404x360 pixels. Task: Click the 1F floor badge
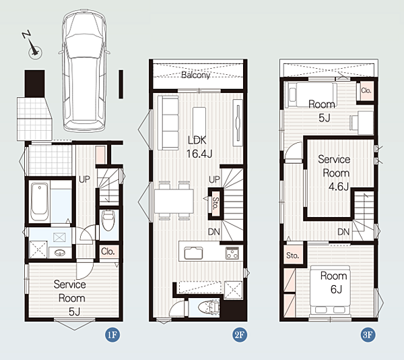[x=112, y=335]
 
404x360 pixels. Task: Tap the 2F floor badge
[x=240, y=335]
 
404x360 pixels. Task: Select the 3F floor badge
[x=368, y=335]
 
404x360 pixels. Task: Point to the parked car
[x=84, y=70]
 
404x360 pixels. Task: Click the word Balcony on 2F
[x=196, y=75]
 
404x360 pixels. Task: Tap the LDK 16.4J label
[x=199, y=147]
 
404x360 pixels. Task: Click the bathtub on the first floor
[x=40, y=202]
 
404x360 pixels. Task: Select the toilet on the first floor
[x=108, y=220]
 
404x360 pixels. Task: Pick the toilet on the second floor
[x=209, y=307]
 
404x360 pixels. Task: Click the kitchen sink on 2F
[x=193, y=253]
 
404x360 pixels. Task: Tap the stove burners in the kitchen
[x=232, y=253]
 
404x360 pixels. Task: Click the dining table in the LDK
[x=174, y=201]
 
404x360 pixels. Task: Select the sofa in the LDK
[x=168, y=123]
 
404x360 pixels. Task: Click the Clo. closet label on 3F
[x=366, y=90]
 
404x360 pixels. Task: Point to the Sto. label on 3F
[x=292, y=256]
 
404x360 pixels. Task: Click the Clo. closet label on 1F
[x=108, y=251]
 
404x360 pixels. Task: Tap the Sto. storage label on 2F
[x=215, y=203]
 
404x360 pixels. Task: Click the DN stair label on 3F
[x=343, y=232]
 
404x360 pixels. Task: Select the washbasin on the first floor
[x=61, y=253]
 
